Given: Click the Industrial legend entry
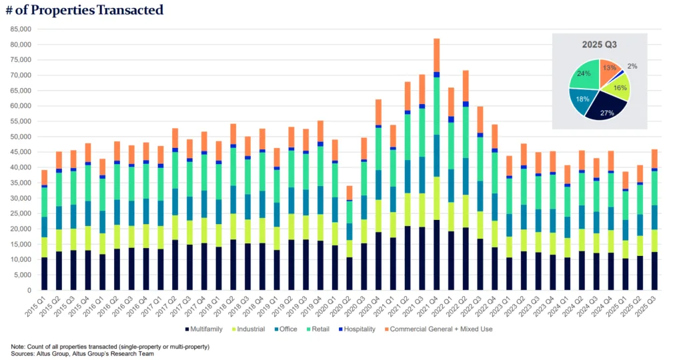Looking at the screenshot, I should tap(251, 329).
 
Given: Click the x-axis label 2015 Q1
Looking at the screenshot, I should tap(41, 306).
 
